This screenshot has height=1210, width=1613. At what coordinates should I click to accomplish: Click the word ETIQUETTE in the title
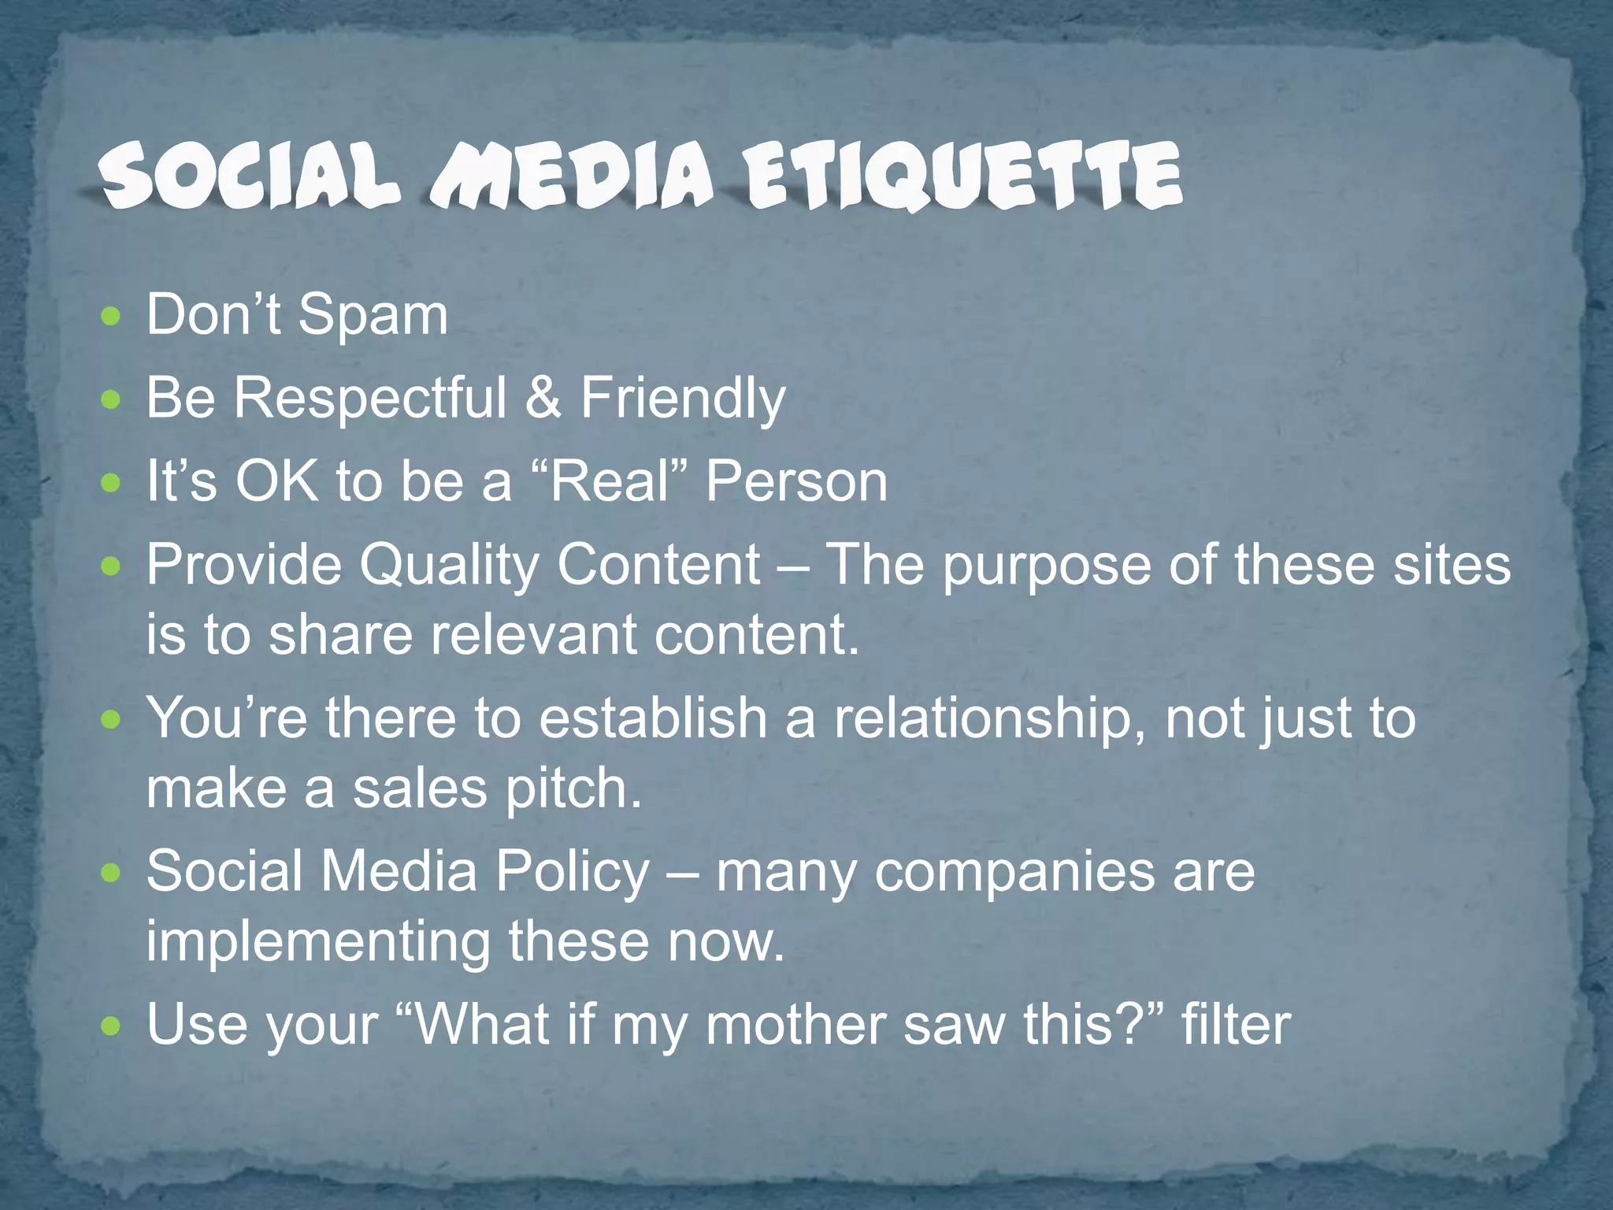964,176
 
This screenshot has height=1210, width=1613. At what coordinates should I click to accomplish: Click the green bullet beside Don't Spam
112,317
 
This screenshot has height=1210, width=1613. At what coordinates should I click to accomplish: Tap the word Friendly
683,399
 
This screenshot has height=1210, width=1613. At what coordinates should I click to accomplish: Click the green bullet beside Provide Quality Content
112,566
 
